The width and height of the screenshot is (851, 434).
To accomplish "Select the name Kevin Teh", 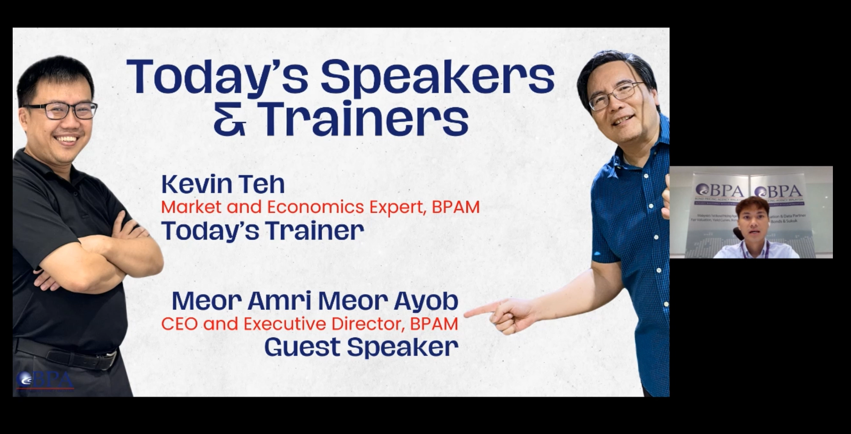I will (x=223, y=184).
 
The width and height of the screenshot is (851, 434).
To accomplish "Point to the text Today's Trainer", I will (x=262, y=230).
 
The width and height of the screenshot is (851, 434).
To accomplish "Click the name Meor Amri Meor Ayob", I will (x=315, y=301).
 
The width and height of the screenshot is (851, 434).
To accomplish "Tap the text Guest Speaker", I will (x=361, y=347).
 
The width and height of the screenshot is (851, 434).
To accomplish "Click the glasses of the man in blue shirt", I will (x=616, y=95).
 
